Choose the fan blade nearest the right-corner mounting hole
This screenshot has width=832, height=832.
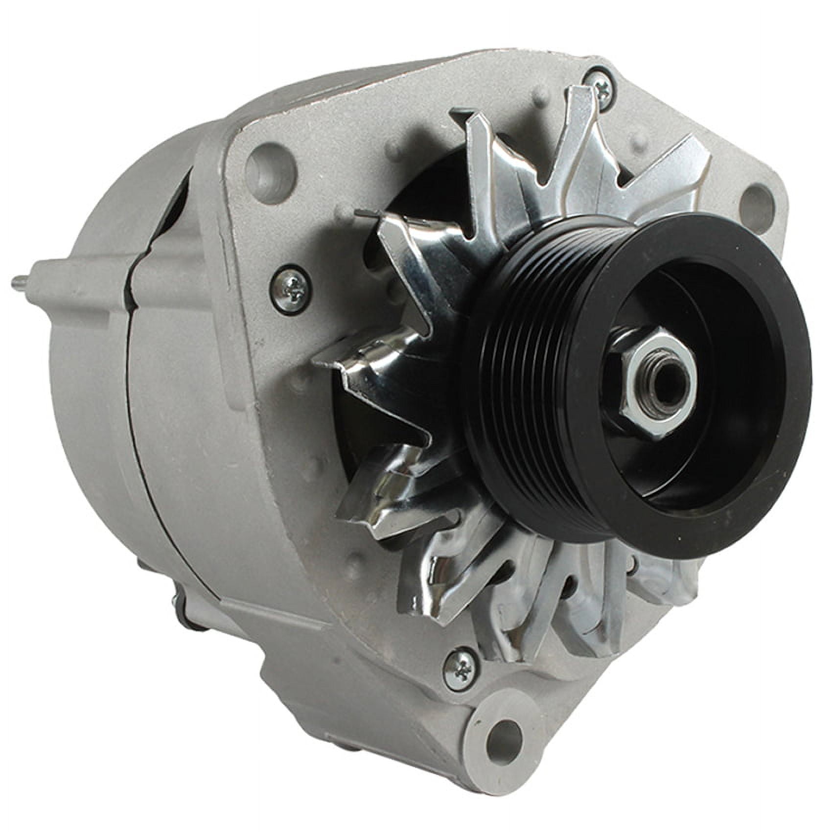tap(685, 171)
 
